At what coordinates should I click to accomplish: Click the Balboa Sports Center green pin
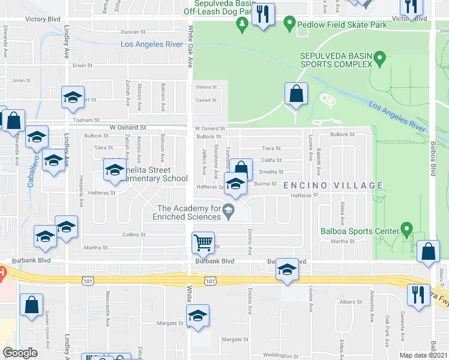tap(406, 229)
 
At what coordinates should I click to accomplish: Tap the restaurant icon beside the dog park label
tap(263, 14)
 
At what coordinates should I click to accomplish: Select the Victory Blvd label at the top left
tap(43, 19)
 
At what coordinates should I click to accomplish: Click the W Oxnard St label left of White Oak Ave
tap(128, 128)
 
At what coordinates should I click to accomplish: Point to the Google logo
tap(20, 353)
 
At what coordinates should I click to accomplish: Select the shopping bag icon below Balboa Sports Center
tap(428, 252)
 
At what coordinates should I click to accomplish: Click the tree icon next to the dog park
tap(243, 23)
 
